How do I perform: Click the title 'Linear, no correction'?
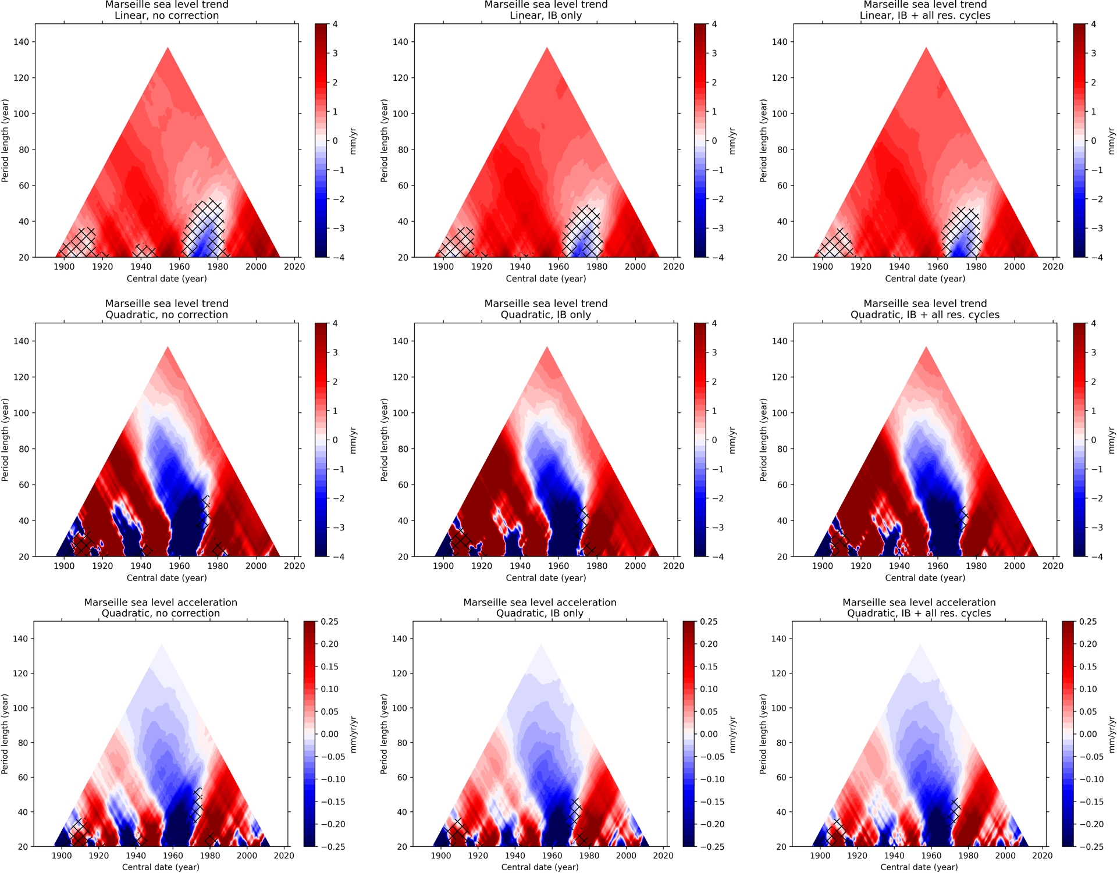click(x=166, y=16)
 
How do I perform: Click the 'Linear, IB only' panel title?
click(x=546, y=16)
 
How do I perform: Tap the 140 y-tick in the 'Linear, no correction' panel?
click(x=22, y=42)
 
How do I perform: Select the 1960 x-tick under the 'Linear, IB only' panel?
click(x=558, y=267)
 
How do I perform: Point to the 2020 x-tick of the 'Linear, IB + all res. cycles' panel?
click(x=1052, y=267)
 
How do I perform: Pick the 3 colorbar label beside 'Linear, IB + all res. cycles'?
click(x=1093, y=54)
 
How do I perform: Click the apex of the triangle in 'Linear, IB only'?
click(x=547, y=48)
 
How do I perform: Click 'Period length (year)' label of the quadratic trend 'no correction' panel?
click(x=5, y=440)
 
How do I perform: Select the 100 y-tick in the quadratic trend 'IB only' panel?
click(x=400, y=413)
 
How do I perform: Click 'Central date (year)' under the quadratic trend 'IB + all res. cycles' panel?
click(x=925, y=578)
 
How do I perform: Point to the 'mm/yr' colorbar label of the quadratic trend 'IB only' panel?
click(x=732, y=440)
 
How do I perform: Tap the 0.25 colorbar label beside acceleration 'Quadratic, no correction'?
click(x=329, y=622)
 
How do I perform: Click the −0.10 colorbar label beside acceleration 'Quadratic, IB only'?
click(x=712, y=779)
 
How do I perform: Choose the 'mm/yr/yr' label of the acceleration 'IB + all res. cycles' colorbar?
click(x=1112, y=735)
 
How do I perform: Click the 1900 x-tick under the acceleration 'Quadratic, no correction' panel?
click(x=62, y=856)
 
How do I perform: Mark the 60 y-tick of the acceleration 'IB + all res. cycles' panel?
click(x=781, y=778)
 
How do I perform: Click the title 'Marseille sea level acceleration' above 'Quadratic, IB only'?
click(x=540, y=603)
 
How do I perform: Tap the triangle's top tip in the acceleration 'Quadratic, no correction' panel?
click(x=161, y=644)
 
